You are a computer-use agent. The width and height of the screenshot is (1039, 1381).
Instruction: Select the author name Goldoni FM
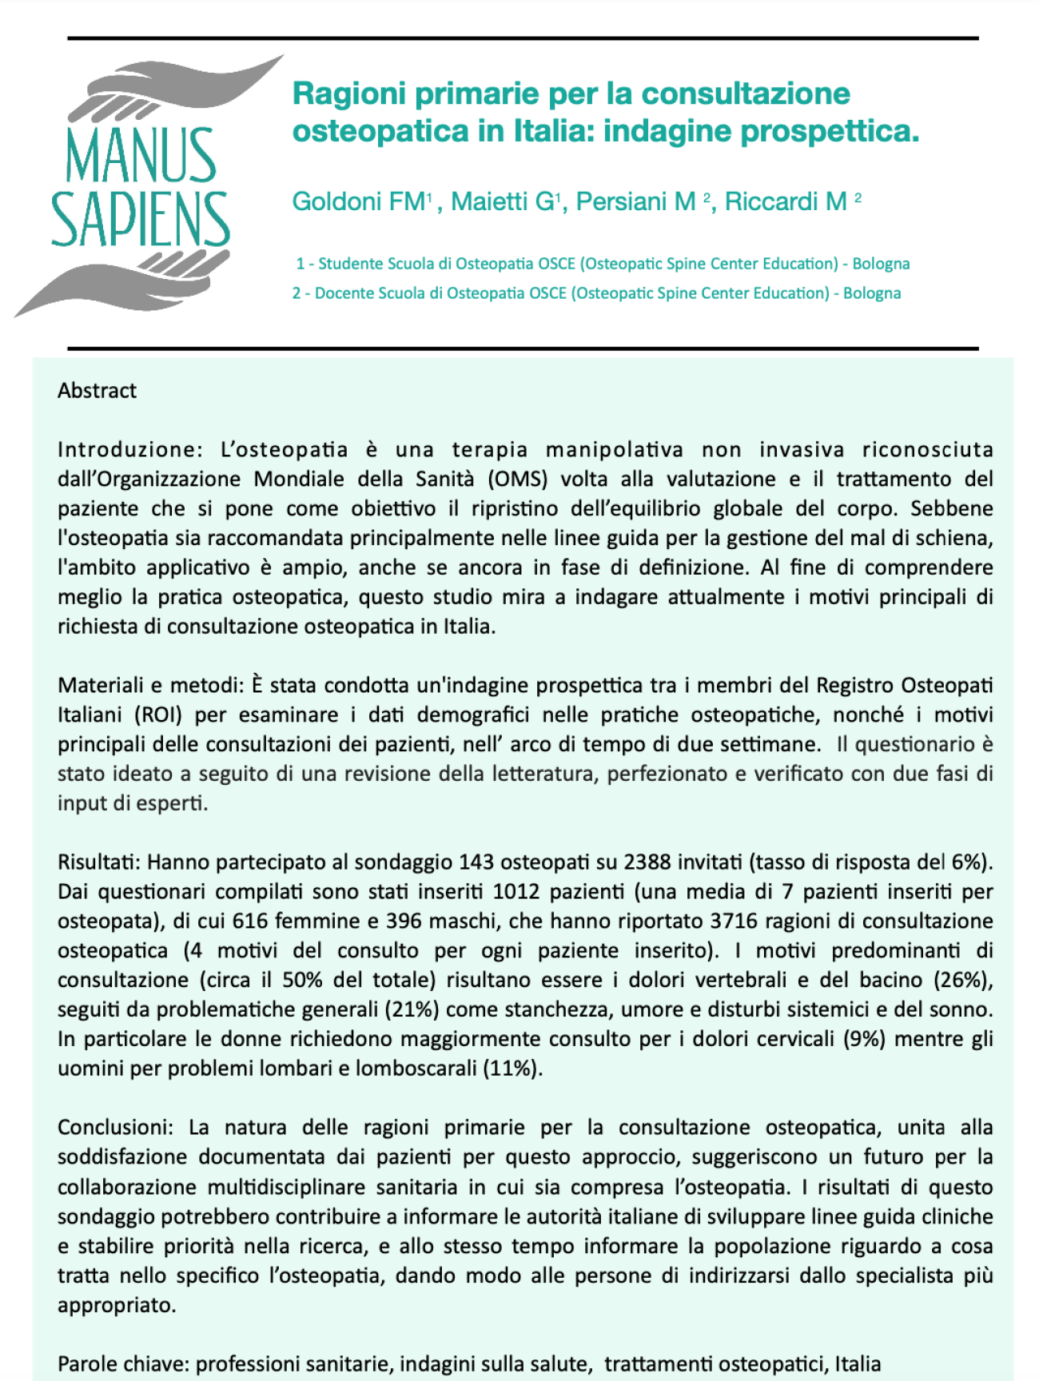click(360, 201)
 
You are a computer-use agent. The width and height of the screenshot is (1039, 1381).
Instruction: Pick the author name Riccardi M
click(786, 201)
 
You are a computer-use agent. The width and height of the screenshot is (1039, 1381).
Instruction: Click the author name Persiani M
click(636, 201)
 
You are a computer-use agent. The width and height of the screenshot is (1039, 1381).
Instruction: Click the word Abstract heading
click(97, 391)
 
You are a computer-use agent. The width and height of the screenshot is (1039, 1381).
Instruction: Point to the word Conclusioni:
click(115, 1128)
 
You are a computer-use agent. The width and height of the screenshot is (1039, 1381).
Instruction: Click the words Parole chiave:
click(123, 1364)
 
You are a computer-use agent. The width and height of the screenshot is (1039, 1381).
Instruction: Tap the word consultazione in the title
click(746, 94)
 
